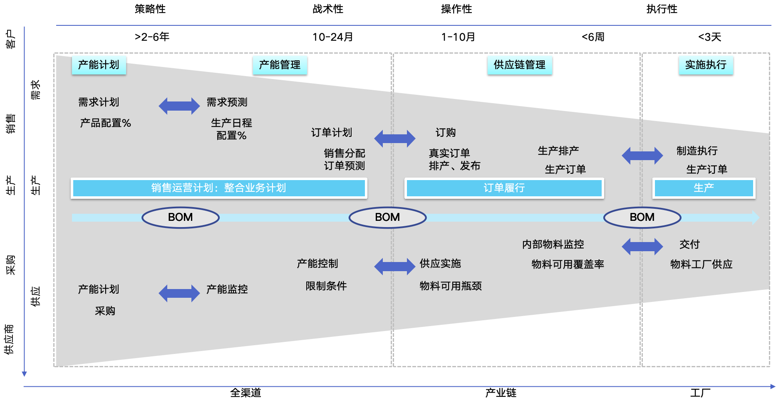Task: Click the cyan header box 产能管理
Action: coord(280,65)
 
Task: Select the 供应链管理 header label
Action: coord(519,65)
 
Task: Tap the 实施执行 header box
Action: coord(706,65)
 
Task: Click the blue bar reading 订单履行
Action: coord(504,188)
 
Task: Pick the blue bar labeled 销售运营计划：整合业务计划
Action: coord(219,188)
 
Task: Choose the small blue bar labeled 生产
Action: coord(704,188)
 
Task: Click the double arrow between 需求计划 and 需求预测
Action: coord(179,106)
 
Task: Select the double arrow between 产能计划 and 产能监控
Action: coord(179,293)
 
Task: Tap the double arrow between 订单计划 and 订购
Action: coord(394,138)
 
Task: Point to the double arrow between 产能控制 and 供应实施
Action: coord(394,267)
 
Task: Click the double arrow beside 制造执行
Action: coord(642,156)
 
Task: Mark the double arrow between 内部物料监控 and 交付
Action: coord(642,247)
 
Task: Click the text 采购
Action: coord(105,311)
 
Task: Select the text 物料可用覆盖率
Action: coord(568,265)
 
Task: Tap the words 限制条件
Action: coord(326,286)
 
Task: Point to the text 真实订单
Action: coord(449,153)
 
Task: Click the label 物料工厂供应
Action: coord(701,265)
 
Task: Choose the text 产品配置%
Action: coord(105,123)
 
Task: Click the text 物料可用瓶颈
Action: coord(451,286)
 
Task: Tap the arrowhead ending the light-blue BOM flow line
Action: coord(755,218)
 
